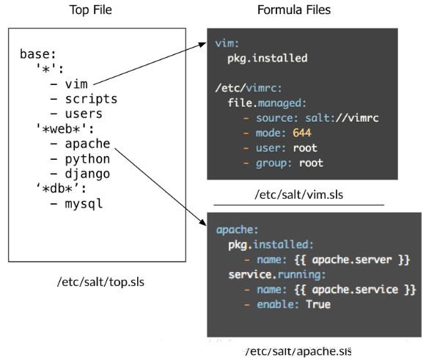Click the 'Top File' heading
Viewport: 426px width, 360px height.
click(90, 10)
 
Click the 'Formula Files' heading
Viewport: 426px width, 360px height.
click(294, 10)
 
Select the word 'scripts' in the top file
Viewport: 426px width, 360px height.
click(91, 99)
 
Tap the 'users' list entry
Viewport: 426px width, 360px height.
click(84, 114)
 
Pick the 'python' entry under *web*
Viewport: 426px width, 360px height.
click(87, 159)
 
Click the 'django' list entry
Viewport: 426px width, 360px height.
click(87, 174)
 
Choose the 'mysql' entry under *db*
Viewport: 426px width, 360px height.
click(84, 204)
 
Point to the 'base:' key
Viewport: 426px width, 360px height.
click(38, 54)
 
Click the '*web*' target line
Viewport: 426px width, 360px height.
click(65, 128)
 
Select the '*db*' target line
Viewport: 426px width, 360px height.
click(61, 188)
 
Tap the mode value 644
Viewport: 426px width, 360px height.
click(302, 133)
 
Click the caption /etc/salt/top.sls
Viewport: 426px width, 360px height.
click(100, 282)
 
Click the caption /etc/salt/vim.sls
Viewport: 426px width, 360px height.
click(298, 195)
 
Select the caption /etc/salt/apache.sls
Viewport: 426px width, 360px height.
click(298, 351)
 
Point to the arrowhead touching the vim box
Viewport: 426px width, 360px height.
click(202, 45)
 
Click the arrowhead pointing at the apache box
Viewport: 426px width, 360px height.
click(202, 221)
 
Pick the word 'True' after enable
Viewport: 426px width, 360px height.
click(318, 304)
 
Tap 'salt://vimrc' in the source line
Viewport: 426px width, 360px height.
click(342, 118)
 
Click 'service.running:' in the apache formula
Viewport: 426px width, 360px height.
click(277, 275)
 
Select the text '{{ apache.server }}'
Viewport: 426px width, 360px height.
click(352, 260)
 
